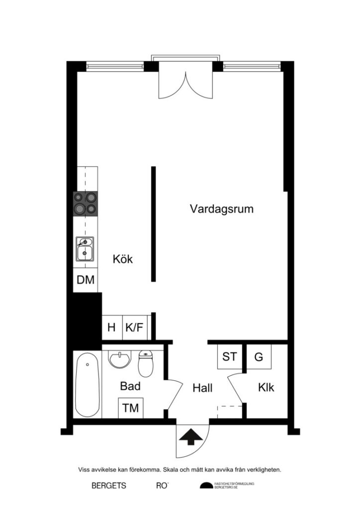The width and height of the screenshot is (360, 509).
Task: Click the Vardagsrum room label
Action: [x=221, y=209]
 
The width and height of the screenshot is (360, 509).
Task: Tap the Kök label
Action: [x=123, y=259]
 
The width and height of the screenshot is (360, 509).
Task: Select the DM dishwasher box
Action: [x=86, y=279]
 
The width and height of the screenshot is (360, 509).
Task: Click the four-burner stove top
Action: [x=85, y=203]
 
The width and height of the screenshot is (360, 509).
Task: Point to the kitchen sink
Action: [x=85, y=249]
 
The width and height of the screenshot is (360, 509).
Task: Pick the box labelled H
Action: [x=112, y=328]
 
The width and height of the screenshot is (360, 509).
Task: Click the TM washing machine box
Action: [x=131, y=408]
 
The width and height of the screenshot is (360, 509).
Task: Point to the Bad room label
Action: [x=130, y=386]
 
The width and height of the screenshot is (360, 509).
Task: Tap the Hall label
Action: [x=202, y=388]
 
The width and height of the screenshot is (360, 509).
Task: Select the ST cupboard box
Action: [x=229, y=356]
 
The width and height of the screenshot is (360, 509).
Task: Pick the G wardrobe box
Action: [x=259, y=356]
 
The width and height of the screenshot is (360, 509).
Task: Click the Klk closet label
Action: [x=266, y=388]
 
